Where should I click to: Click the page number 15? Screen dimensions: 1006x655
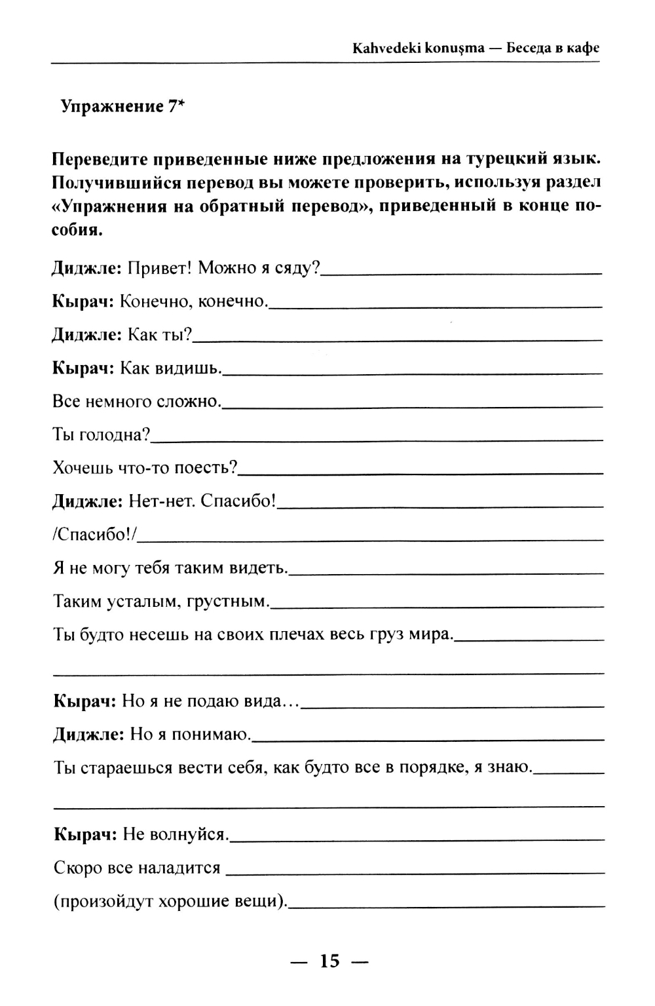[x=330, y=961]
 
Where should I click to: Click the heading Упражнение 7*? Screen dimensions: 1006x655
[x=122, y=107]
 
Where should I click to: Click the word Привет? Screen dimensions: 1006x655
[x=160, y=267]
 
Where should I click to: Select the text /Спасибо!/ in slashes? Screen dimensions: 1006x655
[x=94, y=535]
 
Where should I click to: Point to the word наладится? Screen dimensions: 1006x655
[x=179, y=868]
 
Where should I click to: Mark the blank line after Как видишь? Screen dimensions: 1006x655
[x=413, y=373]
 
